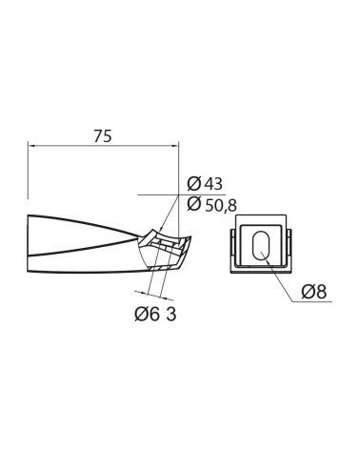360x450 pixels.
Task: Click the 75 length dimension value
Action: click(104, 135)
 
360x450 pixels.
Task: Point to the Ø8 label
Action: click(315, 292)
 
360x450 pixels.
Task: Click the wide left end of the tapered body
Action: click(31, 242)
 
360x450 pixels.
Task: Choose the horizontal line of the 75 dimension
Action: click(104, 146)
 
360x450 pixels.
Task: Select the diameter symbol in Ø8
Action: click(309, 292)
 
